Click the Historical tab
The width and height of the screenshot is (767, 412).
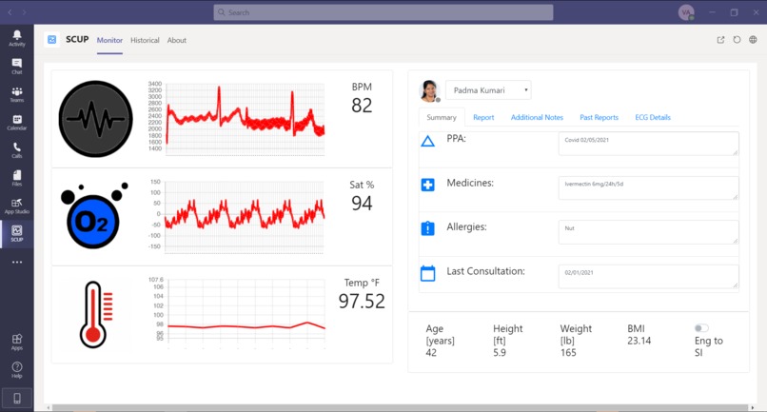pyautogui.click(x=145, y=40)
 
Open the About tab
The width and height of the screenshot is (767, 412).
pyautogui.click(x=177, y=40)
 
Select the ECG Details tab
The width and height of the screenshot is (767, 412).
pyautogui.click(x=653, y=117)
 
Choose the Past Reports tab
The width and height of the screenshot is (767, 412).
pyautogui.click(x=600, y=117)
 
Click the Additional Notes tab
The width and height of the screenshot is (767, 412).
pyautogui.click(x=537, y=117)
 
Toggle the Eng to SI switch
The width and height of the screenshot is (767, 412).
pyautogui.click(x=701, y=328)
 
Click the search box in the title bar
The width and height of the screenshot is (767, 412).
pyautogui.click(x=383, y=12)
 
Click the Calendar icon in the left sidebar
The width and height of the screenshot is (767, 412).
pyautogui.click(x=17, y=122)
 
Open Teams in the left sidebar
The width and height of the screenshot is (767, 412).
pyautogui.click(x=17, y=94)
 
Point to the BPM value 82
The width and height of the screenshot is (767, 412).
pyautogui.click(x=362, y=106)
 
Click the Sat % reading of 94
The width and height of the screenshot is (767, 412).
pyautogui.click(x=362, y=203)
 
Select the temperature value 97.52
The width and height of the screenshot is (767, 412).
pyautogui.click(x=362, y=301)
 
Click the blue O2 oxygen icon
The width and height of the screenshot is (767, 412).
pyautogui.click(x=93, y=218)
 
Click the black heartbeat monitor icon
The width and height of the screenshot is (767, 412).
pyautogui.click(x=95, y=119)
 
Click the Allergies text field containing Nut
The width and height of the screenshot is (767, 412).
pyautogui.click(x=648, y=231)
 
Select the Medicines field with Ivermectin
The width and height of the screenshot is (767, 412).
pyautogui.click(x=648, y=187)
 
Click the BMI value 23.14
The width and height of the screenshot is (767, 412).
pyautogui.click(x=639, y=341)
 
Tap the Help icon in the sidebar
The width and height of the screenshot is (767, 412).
pyautogui.click(x=17, y=368)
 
